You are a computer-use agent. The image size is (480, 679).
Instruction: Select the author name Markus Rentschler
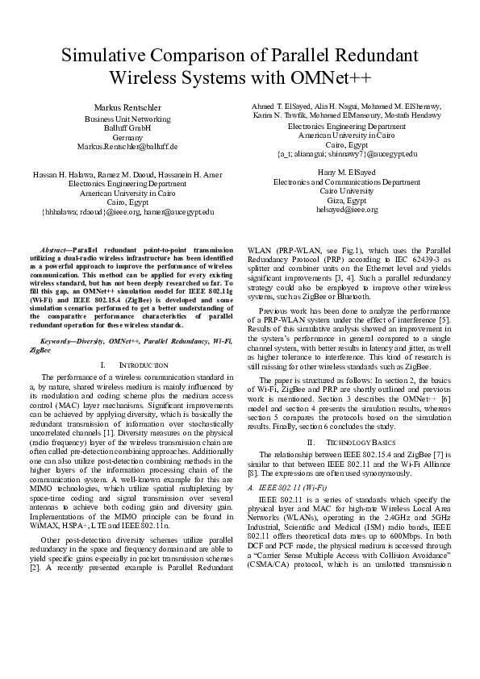click(127, 107)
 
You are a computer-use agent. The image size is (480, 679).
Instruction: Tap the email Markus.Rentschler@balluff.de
click(127, 147)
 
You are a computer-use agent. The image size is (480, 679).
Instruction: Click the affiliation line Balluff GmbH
click(127, 127)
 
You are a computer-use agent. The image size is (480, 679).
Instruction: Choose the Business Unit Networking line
click(127, 118)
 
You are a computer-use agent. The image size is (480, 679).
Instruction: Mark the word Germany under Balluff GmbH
click(127, 137)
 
